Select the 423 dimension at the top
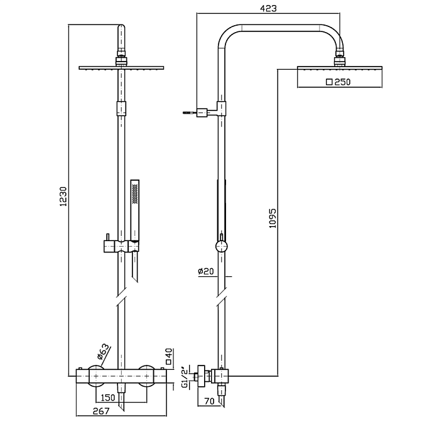271,8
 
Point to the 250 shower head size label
342,82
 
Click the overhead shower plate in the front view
121,67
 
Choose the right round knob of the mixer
146,376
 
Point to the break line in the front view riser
121,295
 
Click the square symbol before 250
328,82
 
